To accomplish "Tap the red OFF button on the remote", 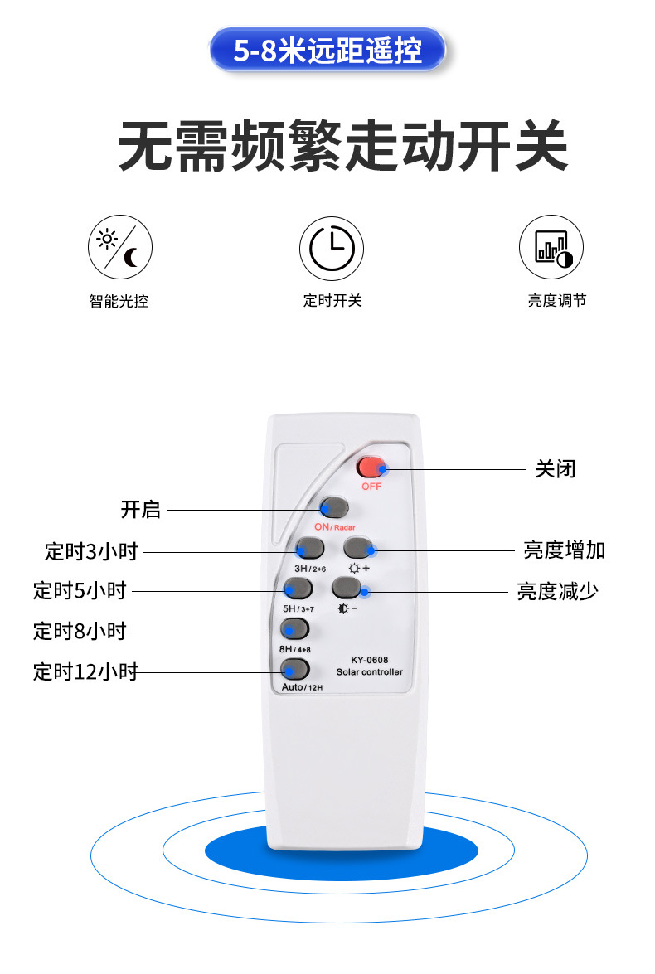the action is (371, 467).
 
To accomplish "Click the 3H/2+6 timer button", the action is (310, 548).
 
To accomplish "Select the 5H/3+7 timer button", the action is (298, 588).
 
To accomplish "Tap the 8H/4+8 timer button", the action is (294, 628).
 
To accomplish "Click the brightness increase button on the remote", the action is (358, 548).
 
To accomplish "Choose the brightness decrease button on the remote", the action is (347, 588).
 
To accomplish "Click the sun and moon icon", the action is (120, 247).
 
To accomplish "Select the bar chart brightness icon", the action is (551, 247).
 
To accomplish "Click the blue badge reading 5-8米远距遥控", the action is (327, 50).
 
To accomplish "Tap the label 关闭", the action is (556, 469).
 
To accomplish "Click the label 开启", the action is (140, 510).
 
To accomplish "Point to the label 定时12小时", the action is (85, 672).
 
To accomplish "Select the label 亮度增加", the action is (565, 550).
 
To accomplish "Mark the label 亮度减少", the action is (557, 591).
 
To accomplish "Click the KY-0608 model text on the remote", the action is (369, 661).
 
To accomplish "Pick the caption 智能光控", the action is (119, 302).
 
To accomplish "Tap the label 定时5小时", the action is (80, 591).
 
